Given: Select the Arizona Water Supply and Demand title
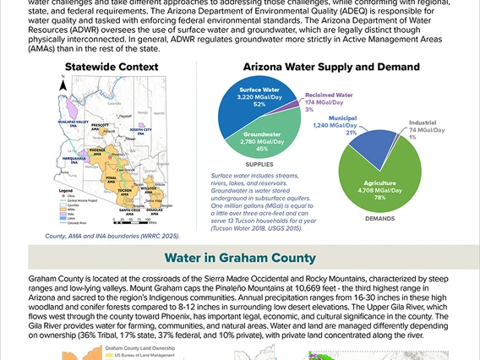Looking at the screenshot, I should click(x=331, y=67).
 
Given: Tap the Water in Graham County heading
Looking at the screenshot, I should click(x=240, y=257).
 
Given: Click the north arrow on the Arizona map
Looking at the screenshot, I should click(x=64, y=85).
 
